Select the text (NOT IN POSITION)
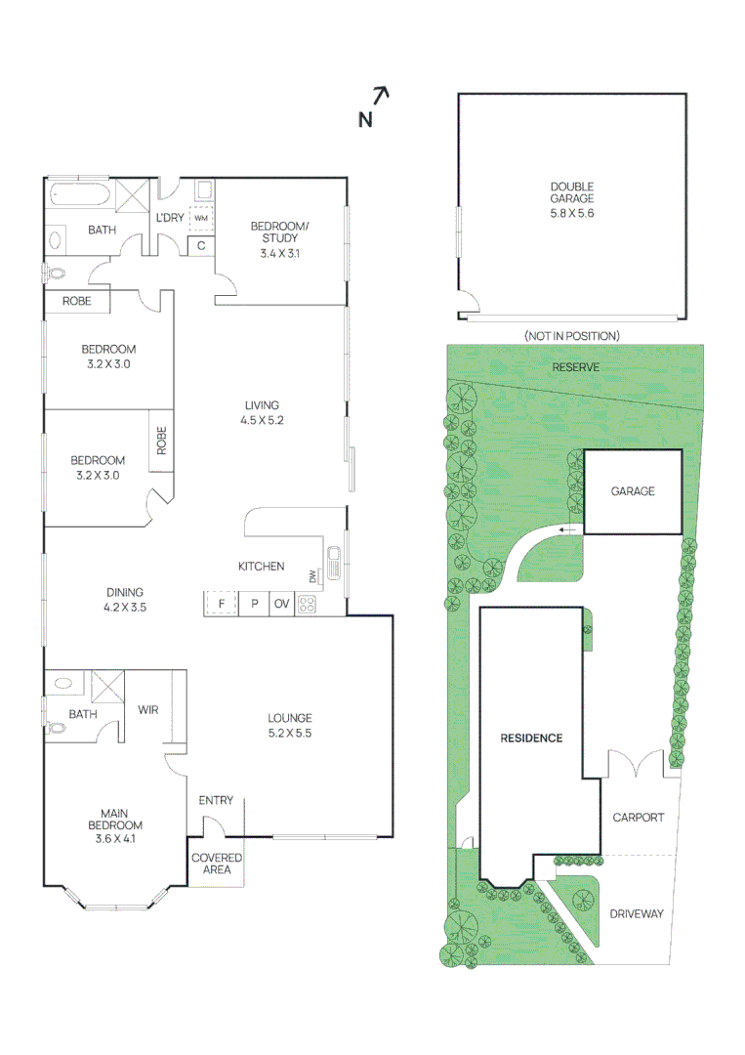571,336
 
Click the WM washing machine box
200,219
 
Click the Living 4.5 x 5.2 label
262,412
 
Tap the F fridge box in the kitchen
222,604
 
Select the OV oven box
281,604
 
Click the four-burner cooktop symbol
307,604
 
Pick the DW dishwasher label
312,576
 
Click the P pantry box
254,604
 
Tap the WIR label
147,710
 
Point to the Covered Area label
217,864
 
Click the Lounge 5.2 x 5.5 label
289,725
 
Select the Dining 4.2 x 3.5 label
125,599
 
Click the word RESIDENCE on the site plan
531,738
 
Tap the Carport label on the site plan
638,818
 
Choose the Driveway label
636,914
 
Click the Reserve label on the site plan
575,367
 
